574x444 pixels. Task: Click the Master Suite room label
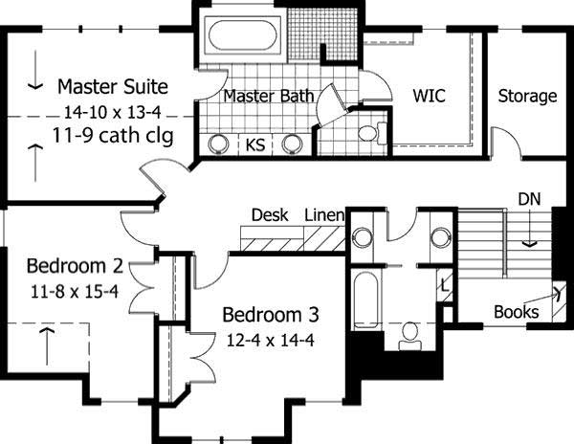(112, 87)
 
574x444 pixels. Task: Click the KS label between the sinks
(255, 145)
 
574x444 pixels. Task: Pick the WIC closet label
(430, 96)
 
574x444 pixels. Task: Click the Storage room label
(527, 96)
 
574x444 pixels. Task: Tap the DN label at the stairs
(530, 198)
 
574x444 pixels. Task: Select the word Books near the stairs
(516, 312)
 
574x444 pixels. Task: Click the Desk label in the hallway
(270, 215)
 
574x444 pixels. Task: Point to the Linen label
(324, 215)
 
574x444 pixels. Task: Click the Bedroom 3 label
(271, 314)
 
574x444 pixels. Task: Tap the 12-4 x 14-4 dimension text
(271, 339)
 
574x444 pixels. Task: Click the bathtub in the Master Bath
(243, 35)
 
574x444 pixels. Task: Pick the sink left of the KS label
(218, 144)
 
